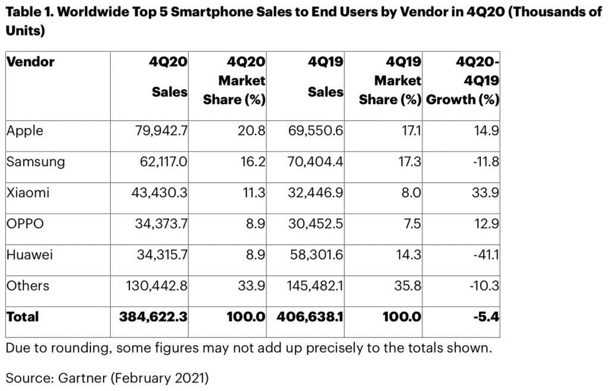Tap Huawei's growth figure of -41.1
(483, 254)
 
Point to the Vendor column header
(30, 62)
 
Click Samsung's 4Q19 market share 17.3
(410, 161)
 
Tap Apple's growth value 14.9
(486, 130)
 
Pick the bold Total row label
(23, 317)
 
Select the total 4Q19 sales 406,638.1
(310, 317)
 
